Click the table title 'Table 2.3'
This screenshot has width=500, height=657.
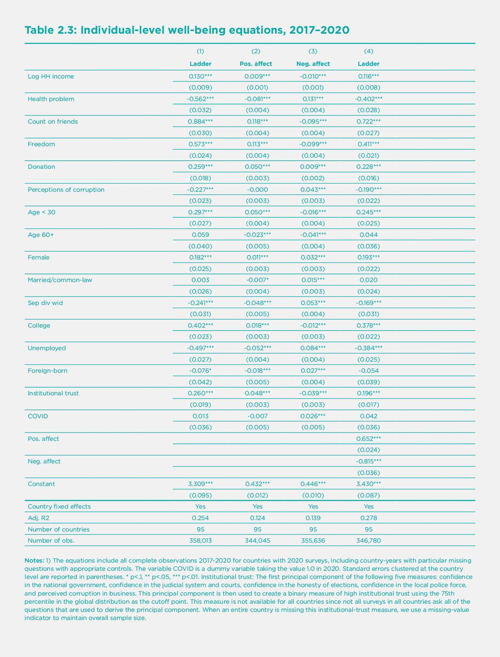click(50, 30)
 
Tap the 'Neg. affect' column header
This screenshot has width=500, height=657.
click(313, 64)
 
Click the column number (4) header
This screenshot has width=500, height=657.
click(369, 51)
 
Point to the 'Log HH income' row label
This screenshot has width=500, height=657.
click(51, 77)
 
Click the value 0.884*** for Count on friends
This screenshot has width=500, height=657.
click(200, 121)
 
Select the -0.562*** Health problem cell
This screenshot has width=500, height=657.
click(200, 99)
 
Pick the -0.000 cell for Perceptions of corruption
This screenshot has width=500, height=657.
click(257, 190)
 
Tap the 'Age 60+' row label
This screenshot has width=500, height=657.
click(41, 235)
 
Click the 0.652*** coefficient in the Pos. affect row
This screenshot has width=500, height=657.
click(369, 439)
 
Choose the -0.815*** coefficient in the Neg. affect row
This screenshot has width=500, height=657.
click(369, 461)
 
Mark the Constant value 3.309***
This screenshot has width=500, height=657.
click(200, 484)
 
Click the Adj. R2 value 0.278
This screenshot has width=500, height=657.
click(369, 518)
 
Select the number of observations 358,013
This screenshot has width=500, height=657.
click(200, 540)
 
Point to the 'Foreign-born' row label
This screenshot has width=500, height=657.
click(47, 371)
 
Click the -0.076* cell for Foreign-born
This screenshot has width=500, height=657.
click(200, 371)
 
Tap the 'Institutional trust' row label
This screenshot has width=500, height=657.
click(53, 393)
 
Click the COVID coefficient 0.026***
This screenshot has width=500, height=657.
click(313, 416)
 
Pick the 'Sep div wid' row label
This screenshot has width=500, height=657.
click(45, 303)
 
